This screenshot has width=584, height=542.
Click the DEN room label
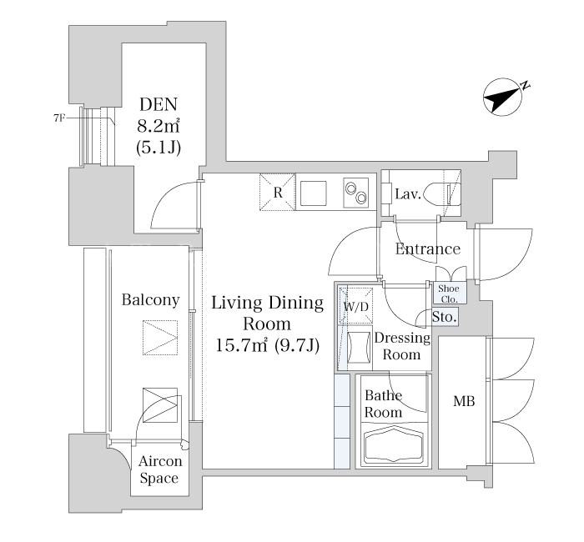(159, 104)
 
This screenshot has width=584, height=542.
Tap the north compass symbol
(503, 97)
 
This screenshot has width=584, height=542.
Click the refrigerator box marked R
(278, 192)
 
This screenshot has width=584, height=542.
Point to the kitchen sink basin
(313, 193)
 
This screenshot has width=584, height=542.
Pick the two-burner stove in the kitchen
(355, 193)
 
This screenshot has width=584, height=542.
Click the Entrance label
(427, 249)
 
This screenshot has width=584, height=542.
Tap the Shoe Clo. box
(449, 294)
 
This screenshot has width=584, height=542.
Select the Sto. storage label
(445, 317)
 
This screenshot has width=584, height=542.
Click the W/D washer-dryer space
(355, 306)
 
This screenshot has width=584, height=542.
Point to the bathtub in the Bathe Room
(394, 445)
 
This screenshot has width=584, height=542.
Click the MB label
(464, 401)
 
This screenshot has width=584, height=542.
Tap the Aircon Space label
(160, 469)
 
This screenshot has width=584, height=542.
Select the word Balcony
(150, 300)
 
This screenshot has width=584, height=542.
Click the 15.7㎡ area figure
(242, 345)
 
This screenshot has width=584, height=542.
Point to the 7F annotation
(59, 118)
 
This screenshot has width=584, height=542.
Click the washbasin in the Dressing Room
(359, 348)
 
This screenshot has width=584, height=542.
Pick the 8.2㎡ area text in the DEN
(159, 126)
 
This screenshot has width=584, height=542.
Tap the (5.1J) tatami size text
(159, 148)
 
